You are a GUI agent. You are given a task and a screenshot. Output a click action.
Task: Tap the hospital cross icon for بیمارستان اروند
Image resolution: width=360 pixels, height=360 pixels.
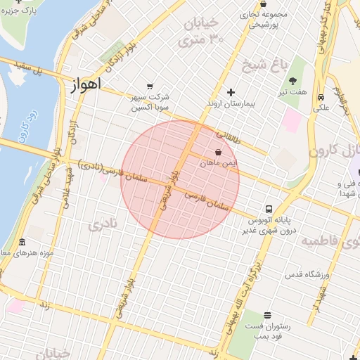point(231,92)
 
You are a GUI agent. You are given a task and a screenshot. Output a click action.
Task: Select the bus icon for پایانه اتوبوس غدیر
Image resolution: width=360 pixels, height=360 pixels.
point(269,209)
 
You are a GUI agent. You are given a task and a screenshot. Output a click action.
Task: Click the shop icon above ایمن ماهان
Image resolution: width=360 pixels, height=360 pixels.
point(218,151)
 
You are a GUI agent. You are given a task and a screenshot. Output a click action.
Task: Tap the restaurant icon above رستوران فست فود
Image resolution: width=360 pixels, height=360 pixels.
point(267,316)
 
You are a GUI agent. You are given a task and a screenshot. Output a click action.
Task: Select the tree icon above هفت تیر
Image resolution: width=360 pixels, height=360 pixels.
point(292,82)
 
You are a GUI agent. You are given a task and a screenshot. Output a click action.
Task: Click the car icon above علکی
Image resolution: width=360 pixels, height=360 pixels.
point(321,97)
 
